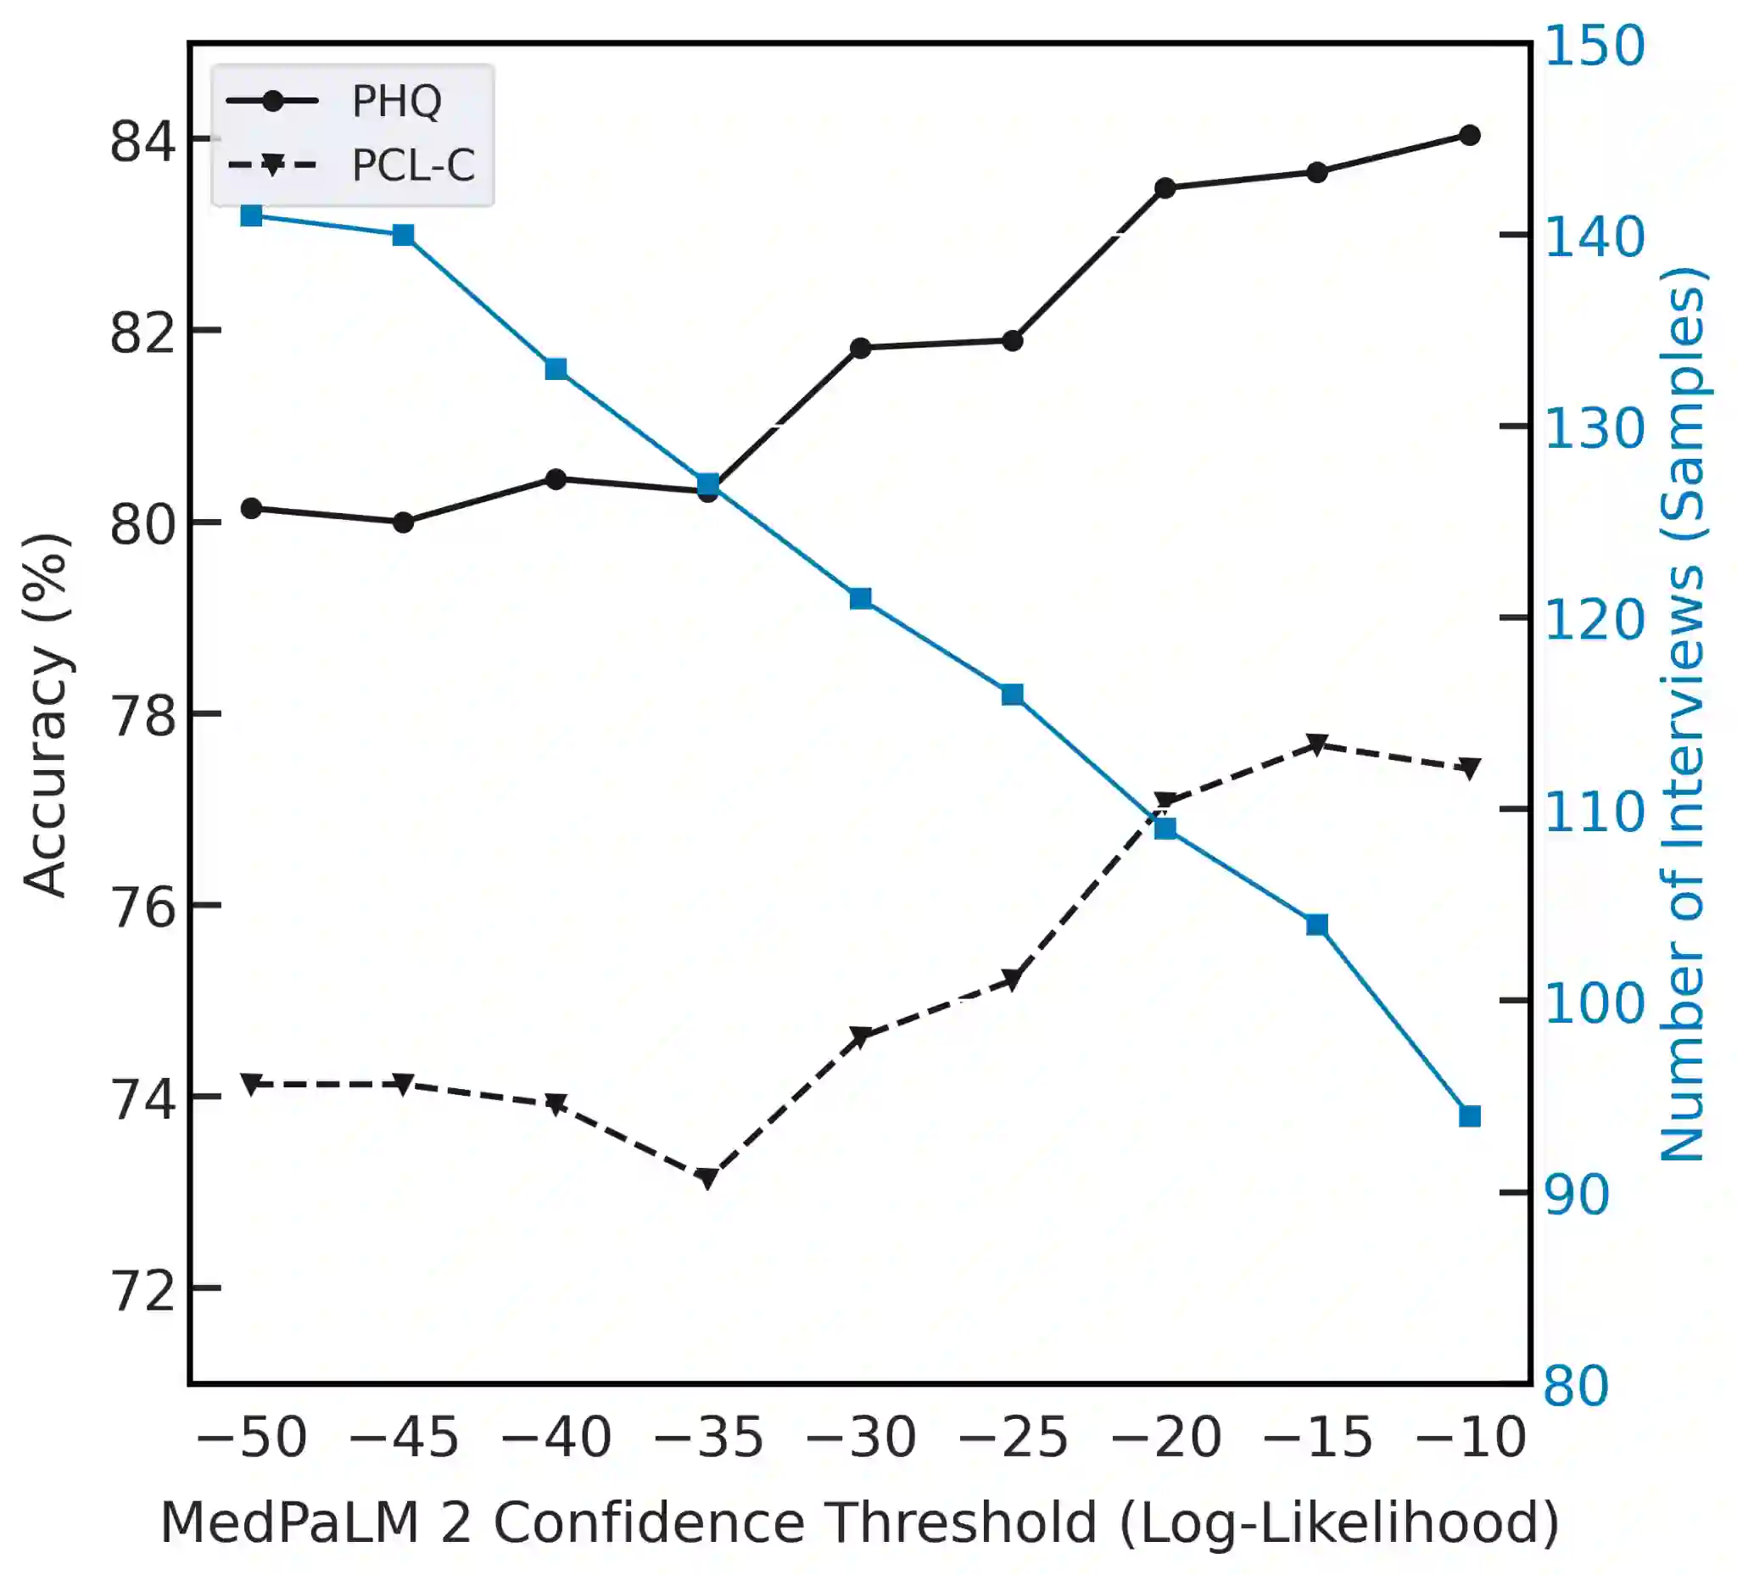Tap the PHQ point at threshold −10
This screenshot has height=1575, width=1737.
pos(1470,135)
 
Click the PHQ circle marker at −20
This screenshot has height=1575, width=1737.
pos(1165,187)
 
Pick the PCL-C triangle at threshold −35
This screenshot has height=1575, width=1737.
pos(707,1179)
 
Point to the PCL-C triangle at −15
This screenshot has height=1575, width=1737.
pos(1316,746)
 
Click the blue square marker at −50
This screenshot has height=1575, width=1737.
pos(252,215)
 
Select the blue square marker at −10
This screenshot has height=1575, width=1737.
pos(1470,1117)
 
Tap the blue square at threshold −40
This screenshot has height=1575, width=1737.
pos(556,370)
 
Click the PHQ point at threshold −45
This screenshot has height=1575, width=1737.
pos(403,522)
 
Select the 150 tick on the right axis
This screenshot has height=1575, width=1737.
pos(1594,47)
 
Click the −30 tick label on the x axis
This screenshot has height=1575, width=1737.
pos(861,1438)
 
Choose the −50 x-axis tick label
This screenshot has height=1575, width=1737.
pos(252,1438)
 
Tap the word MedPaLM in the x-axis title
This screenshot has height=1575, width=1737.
pos(289,1522)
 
